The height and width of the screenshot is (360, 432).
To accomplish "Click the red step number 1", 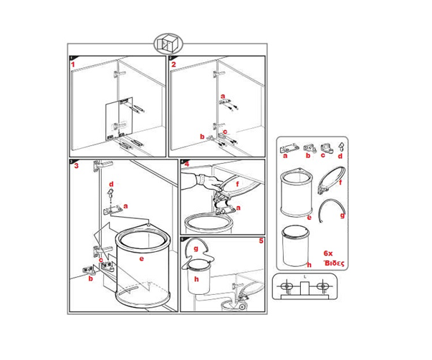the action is point(73,64).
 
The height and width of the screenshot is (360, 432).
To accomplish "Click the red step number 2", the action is point(173,64).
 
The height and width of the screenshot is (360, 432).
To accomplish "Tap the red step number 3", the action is point(77,166).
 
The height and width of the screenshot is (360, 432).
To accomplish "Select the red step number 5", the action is point(261,241).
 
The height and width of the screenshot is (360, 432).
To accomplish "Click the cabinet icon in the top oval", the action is point(168,44).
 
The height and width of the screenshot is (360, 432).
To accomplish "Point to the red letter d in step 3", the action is point(111,184).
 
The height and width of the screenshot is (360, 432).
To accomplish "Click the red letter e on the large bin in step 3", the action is point(142,258).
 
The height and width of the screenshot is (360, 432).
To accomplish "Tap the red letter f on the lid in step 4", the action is point(238,183).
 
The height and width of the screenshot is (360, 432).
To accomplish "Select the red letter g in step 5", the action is point(196,249).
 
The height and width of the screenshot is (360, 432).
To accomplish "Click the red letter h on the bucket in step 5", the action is point(196,279).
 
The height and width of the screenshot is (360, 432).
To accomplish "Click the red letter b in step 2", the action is point(202,137).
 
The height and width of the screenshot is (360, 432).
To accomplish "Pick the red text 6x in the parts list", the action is point(328,253).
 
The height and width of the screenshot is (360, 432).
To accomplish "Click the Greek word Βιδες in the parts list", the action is point(334,263).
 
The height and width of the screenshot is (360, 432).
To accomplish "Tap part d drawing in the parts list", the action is point(341,147).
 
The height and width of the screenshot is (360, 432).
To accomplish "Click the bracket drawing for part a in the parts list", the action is point(289,147).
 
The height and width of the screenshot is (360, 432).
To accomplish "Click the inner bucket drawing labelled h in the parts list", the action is point(295,245).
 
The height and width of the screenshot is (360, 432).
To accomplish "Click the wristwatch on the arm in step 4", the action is point(202,179).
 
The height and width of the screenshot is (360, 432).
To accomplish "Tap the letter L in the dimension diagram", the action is point(305,276).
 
